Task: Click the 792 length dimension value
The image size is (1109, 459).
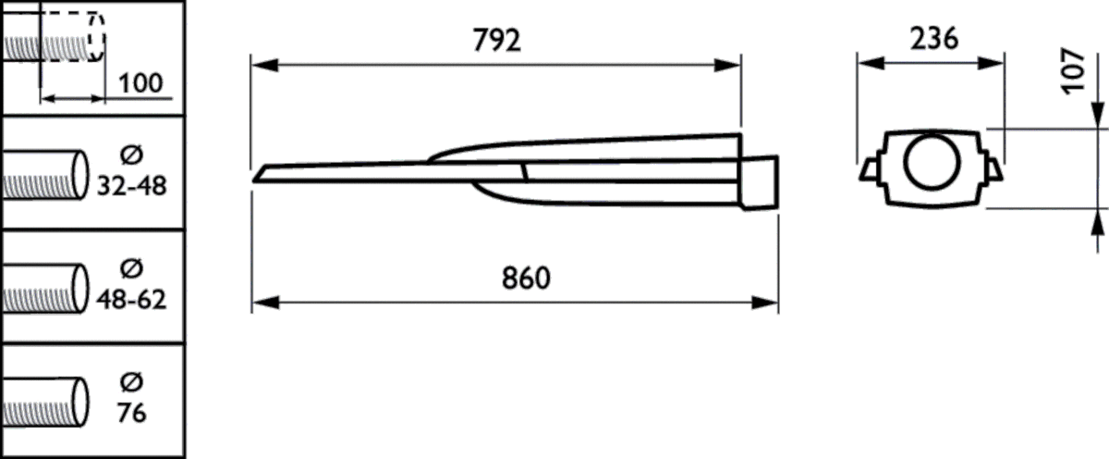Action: point(496,42)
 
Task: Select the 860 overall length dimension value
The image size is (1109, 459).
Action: point(523,279)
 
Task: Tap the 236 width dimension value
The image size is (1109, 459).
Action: point(933,40)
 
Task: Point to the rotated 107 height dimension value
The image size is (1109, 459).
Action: point(1072,70)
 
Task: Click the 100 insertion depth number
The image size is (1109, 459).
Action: point(140,83)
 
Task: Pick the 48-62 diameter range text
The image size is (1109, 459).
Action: point(131,301)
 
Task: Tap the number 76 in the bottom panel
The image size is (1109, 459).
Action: point(132,413)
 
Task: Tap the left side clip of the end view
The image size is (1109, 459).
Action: point(870,169)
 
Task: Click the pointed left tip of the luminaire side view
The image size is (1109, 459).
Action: point(259,174)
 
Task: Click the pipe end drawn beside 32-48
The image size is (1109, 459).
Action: point(79,173)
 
